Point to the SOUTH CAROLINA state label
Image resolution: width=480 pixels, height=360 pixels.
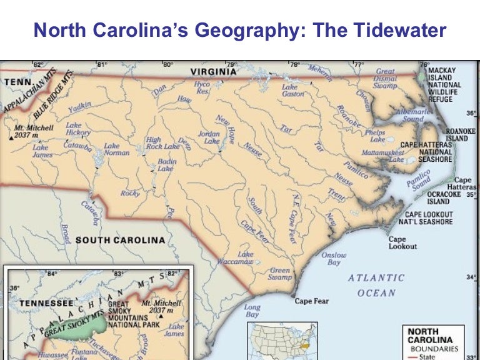pos(120,240)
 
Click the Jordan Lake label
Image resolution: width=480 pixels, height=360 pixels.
pos(209,137)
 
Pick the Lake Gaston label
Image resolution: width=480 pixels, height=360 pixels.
pos(292,91)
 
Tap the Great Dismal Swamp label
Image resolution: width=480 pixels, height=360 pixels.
pos(385,79)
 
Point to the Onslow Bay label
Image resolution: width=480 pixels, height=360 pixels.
pos(334,259)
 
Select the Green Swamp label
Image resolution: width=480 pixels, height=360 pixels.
pos(280,274)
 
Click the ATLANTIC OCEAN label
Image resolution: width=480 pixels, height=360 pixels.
pos(376,285)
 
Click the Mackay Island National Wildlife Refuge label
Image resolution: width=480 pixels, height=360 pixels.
pos(444,84)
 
